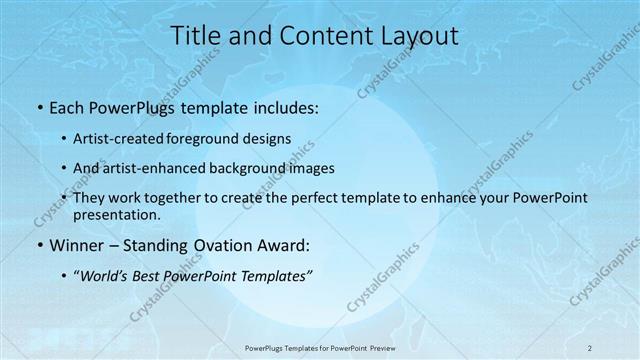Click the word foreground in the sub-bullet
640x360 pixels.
click(214, 139)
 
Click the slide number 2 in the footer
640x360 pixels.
click(589, 347)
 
